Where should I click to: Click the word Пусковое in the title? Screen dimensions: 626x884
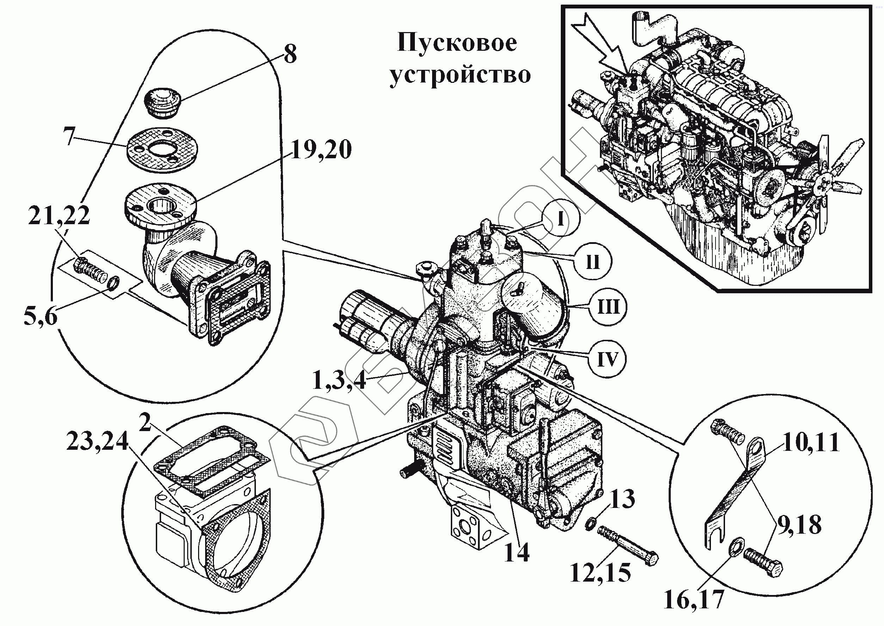(457, 43)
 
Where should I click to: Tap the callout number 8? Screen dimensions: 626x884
(290, 54)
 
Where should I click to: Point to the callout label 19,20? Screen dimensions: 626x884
(321, 150)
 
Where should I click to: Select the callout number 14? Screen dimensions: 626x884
(517, 553)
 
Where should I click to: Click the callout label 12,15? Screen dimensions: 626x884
(600, 572)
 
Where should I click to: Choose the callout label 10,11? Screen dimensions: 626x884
(811, 442)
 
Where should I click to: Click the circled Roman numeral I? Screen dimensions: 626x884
(560, 220)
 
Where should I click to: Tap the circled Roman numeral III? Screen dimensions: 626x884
(608, 307)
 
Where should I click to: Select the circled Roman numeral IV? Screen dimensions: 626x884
(608, 360)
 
